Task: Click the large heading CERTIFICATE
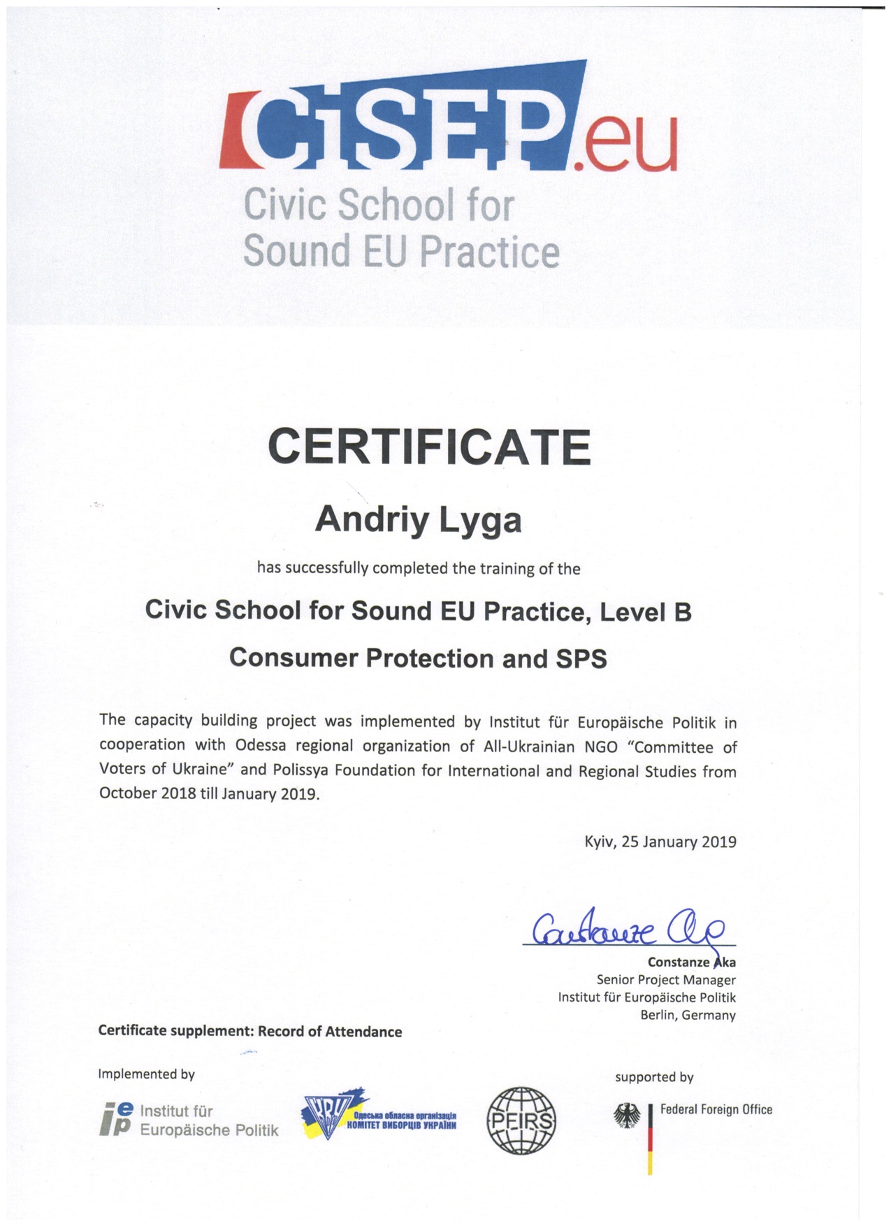pos(429,447)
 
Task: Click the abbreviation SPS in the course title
pos(581,658)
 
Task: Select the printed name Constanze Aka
pos(691,962)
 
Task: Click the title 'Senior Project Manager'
pos(665,980)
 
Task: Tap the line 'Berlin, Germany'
pos(688,1015)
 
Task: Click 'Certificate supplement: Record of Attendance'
pos(250,1032)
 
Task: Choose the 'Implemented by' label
pos(146,1074)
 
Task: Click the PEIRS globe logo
pos(521,1120)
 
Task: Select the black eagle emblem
pos(627,1116)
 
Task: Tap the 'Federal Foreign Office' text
pos(716,1109)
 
